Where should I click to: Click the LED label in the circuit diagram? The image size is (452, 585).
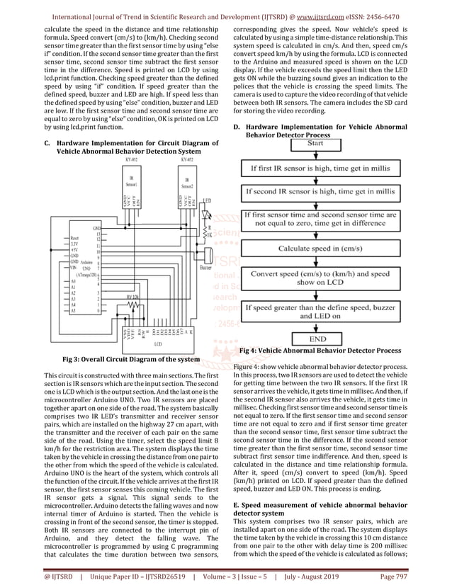(x=207, y=201)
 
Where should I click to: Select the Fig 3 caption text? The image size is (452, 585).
(x=131, y=360)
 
